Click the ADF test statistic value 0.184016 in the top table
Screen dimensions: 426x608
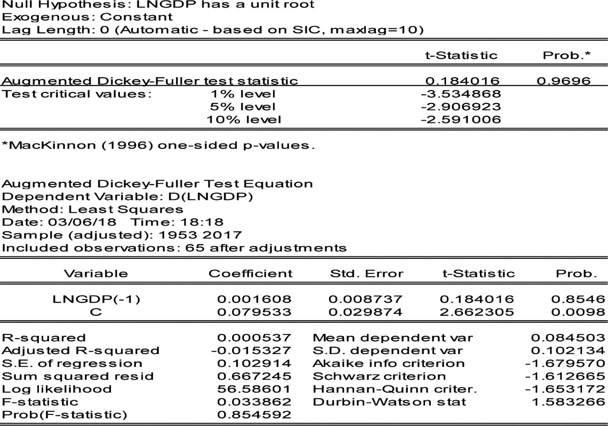pyautogui.click(x=462, y=81)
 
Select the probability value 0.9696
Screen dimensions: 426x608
pyautogui.click(x=564, y=81)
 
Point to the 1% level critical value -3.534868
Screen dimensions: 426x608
pyautogui.click(x=461, y=94)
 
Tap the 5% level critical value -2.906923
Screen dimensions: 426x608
pyautogui.click(x=461, y=107)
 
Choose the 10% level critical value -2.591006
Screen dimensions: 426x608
pyautogui.click(x=461, y=120)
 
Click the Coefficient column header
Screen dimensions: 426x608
pyautogui.click(x=250, y=274)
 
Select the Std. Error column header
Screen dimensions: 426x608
pyautogui.click(x=367, y=274)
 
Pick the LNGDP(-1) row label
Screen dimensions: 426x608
pyautogui.click(x=97, y=299)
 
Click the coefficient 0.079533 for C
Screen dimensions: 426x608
pyautogui.click(x=254, y=312)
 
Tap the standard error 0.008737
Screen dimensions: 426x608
pyautogui.click(x=365, y=299)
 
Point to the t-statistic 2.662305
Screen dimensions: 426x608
pyautogui.click(x=477, y=312)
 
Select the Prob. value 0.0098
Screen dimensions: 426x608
pyautogui.click(x=578, y=312)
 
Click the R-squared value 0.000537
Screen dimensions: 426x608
pyautogui.click(x=254, y=338)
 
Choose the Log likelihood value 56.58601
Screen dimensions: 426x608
pyautogui.click(x=254, y=389)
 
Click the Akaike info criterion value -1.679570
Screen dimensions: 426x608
pyautogui.click(x=565, y=364)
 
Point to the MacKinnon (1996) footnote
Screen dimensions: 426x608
pyautogui.click(x=158, y=146)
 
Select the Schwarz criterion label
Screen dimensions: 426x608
pyautogui.click(x=379, y=376)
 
